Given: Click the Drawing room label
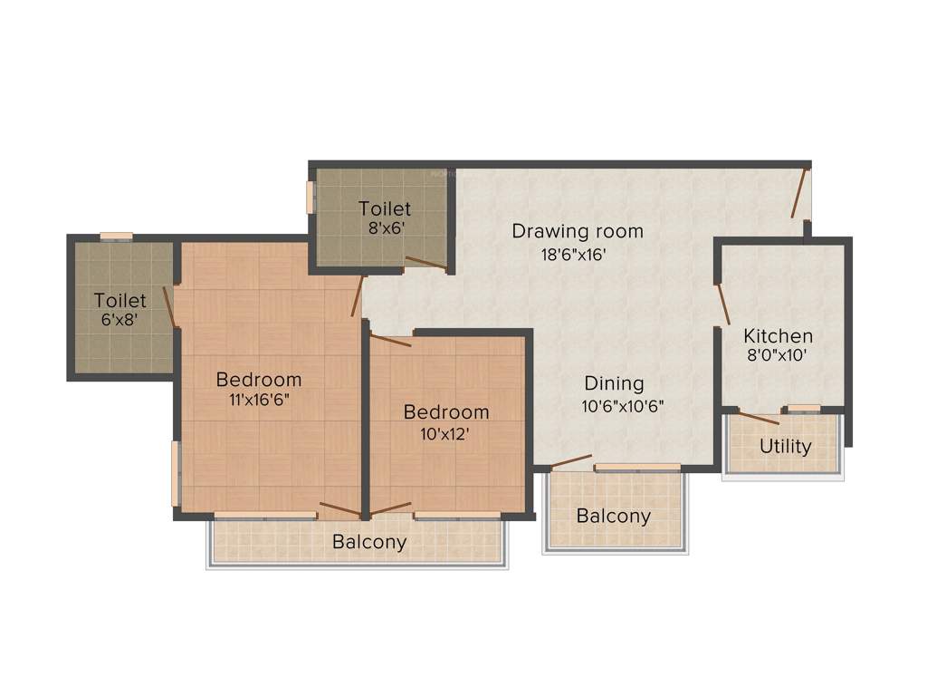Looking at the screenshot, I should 578,231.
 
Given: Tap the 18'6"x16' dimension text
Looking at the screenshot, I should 573,255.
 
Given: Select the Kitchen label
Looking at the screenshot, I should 779,335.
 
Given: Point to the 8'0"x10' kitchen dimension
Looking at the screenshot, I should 776,356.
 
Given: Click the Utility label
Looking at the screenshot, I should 786,447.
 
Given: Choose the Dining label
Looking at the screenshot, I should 614,383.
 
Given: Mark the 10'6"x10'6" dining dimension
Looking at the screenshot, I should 623,406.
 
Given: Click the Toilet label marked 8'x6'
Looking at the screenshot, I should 385,209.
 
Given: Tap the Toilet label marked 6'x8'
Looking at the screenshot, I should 120,300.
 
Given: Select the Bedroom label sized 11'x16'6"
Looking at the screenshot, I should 258,379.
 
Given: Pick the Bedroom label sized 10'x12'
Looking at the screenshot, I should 446,412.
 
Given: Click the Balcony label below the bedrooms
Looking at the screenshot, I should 369,543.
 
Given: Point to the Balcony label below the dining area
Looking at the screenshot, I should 614,517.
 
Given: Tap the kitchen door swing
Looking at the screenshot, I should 722,304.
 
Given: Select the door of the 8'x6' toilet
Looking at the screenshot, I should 425,264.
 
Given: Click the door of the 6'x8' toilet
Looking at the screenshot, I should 168,306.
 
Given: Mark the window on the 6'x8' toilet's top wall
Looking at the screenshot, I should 116,237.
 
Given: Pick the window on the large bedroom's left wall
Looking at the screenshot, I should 175,473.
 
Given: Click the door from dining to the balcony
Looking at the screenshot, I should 571,461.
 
